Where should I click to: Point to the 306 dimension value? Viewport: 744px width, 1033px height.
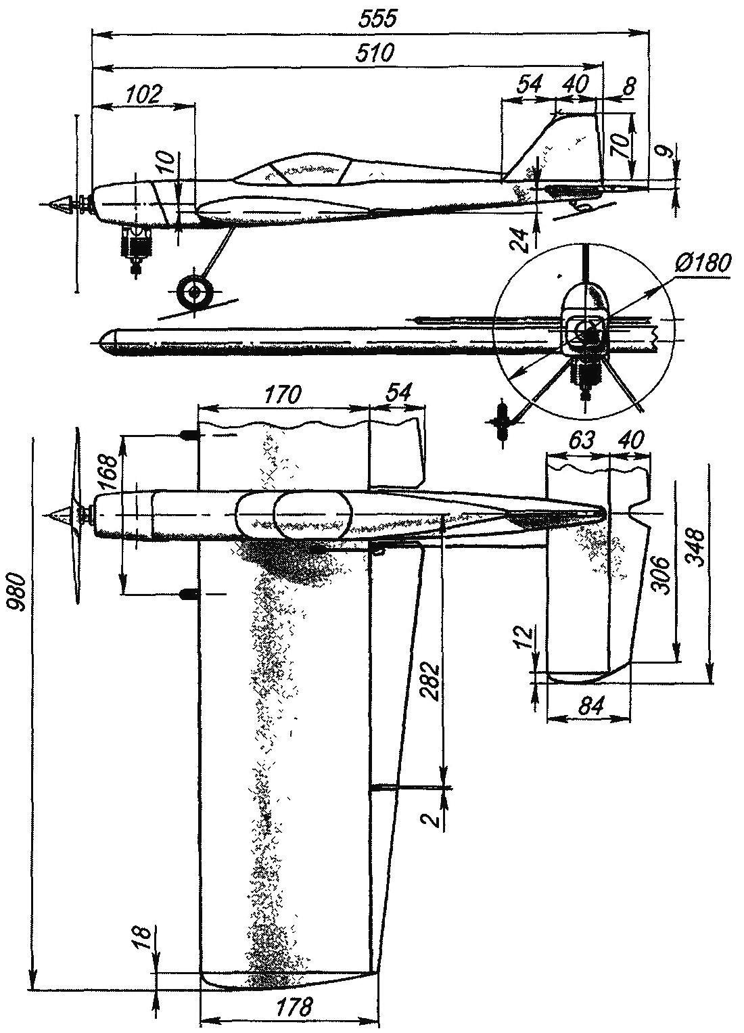pos(662,575)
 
